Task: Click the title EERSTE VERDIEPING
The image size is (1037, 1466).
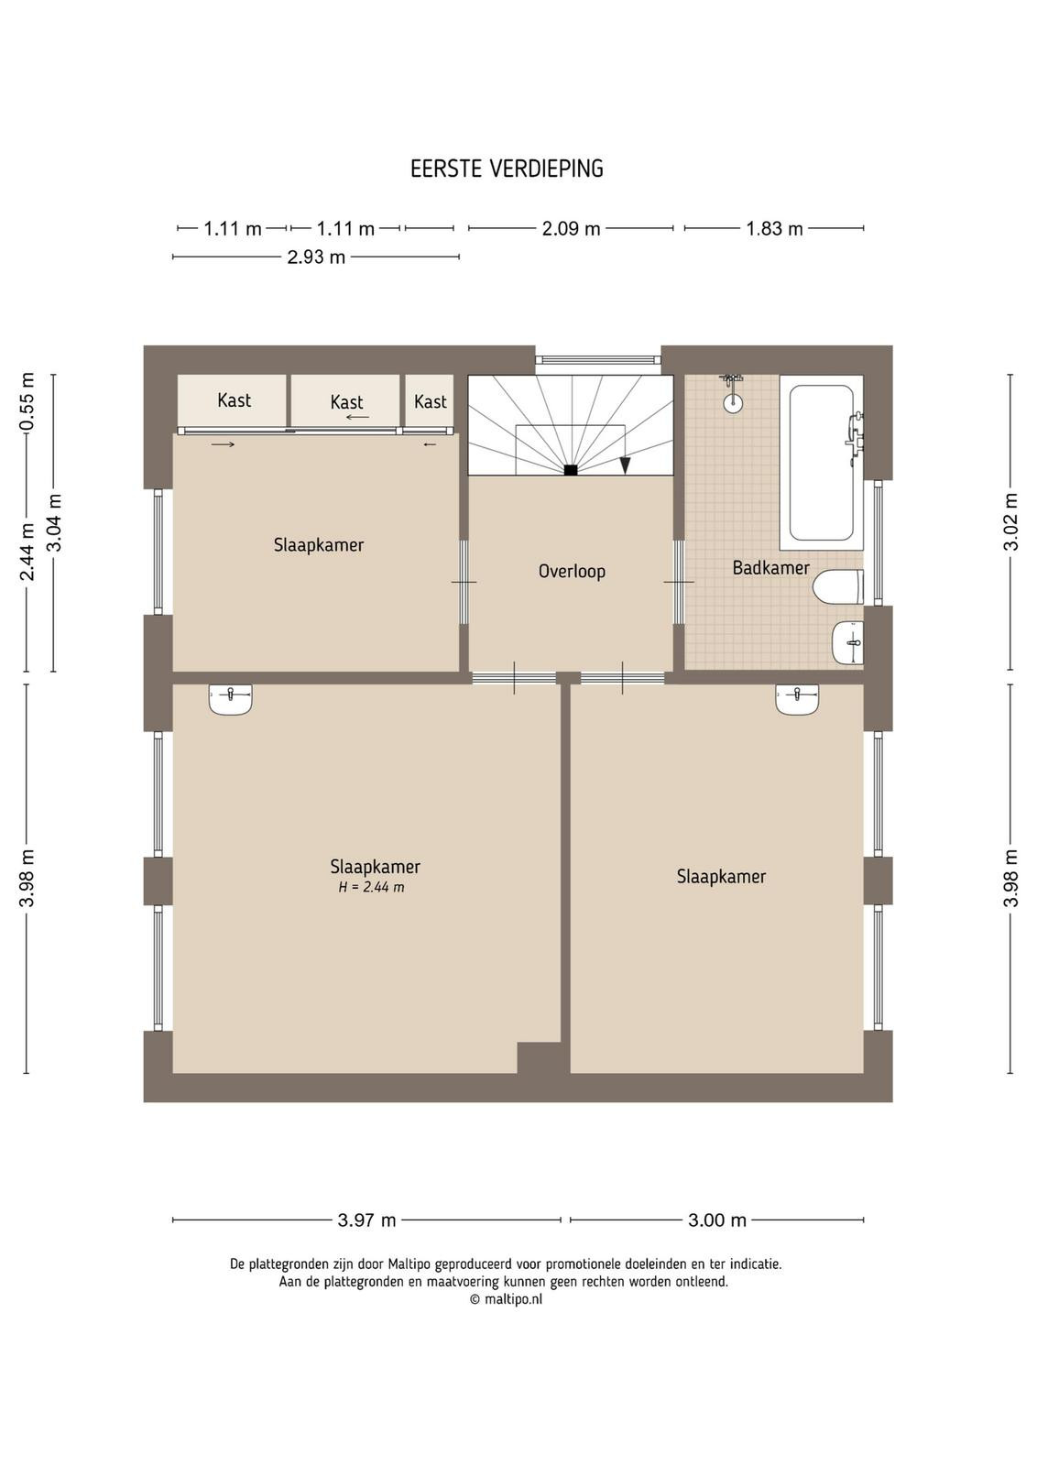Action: click(507, 169)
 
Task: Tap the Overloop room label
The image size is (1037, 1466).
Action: click(572, 572)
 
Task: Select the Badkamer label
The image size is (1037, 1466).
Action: click(770, 567)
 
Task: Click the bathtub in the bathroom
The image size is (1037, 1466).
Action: click(821, 462)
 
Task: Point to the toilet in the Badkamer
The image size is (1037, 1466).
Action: click(838, 586)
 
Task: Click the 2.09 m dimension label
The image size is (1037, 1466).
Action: click(571, 228)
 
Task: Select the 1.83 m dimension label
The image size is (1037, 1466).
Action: click(775, 228)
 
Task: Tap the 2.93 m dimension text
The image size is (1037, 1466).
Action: click(316, 257)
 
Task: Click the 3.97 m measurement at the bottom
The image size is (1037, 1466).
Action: click(367, 1220)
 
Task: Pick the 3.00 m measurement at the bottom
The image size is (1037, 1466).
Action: click(717, 1220)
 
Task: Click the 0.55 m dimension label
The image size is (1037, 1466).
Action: click(27, 402)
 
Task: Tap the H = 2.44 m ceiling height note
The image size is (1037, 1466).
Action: click(372, 888)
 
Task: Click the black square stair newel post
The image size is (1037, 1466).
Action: click(571, 469)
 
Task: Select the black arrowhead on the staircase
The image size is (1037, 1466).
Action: click(626, 465)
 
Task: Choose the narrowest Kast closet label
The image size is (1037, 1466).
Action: click(431, 401)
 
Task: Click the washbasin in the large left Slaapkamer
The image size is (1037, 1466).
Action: click(231, 699)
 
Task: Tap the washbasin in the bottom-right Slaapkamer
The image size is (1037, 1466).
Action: click(798, 699)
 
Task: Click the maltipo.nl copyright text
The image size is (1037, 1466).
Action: click(506, 1299)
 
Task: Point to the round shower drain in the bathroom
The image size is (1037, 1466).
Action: click(734, 404)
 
